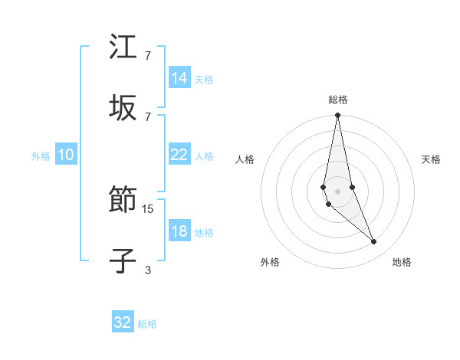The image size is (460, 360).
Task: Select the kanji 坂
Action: pos(123,107)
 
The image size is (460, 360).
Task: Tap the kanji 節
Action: pos(123,201)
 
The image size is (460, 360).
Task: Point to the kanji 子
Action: pos(123,261)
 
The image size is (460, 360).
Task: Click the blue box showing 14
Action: pos(179,77)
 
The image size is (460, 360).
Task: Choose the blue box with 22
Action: pos(179,155)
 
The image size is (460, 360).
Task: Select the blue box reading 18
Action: pos(179,231)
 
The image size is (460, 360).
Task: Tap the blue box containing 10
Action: pos(66,155)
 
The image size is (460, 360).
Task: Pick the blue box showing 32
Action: pos(123,322)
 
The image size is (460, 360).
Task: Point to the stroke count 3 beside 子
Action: pos(148,270)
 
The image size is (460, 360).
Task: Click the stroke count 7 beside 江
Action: pos(148,56)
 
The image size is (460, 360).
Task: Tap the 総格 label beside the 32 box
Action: pos(147,324)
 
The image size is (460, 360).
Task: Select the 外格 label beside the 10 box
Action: pos(41,156)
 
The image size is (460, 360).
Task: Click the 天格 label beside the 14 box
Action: pos(203,79)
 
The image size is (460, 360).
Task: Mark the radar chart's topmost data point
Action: pos(337,116)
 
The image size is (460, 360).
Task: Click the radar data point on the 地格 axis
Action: pos(374,242)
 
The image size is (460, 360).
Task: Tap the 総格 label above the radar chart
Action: pos(337,100)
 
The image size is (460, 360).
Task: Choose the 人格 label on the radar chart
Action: pos(245,159)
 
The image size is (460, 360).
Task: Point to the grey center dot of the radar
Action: pos(337,191)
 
